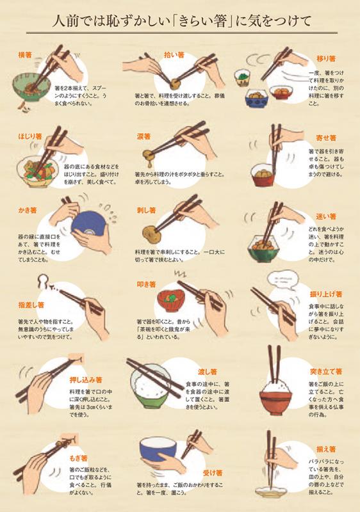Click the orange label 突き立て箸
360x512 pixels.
tap(327, 371)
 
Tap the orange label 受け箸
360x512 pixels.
tap(211, 473)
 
